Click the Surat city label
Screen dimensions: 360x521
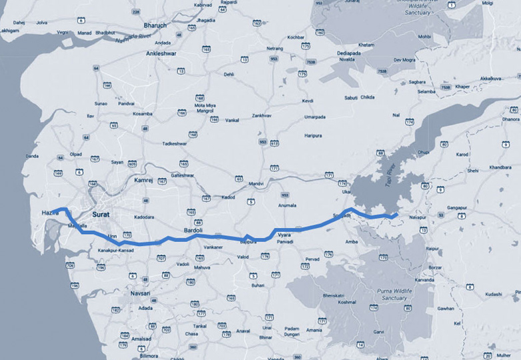100,215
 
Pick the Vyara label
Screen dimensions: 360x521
284,236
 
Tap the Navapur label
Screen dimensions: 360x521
418,217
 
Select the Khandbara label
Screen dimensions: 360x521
500,167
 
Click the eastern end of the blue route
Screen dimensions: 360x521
398,215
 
